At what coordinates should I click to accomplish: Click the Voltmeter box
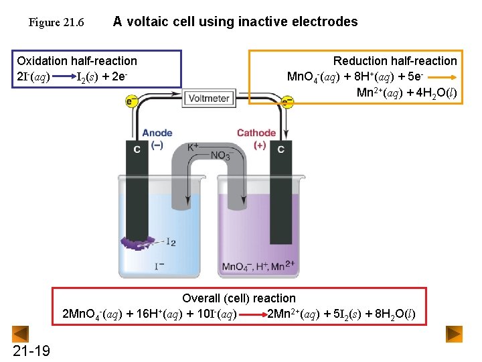click(210, 98)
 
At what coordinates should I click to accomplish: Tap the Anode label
click(157, 133)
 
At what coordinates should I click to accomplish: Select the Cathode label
click(256, 133)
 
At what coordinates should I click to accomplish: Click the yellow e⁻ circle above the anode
click(132, 101)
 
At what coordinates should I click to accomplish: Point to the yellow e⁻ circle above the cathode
click(287, 102)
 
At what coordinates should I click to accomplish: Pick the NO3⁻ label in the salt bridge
click(221, 156)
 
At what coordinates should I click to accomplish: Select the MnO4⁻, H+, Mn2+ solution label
click(258, 267)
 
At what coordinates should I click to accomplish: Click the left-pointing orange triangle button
click(21, 334)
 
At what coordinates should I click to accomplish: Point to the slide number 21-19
click(31, 350)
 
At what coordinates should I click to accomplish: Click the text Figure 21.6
click(56, 23)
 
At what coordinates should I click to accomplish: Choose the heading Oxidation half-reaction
click(77, 61)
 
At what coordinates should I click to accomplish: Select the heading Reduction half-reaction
click(395, 61)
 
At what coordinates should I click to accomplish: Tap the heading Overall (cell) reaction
click(239, 298)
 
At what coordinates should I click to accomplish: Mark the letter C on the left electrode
click(137, 149)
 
